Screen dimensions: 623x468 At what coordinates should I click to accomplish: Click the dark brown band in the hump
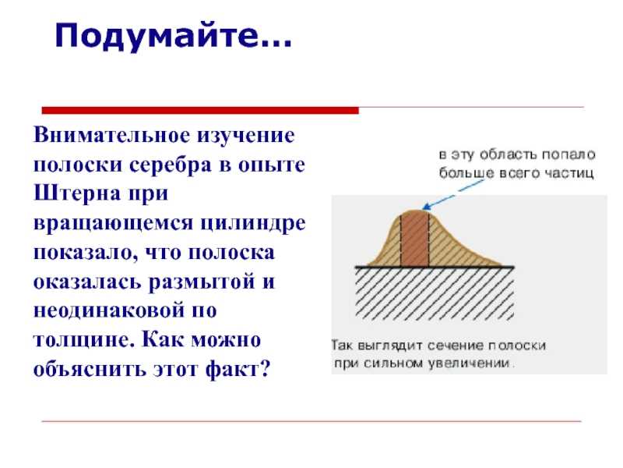tap(415, 239)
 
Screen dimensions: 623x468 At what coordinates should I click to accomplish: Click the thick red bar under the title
tap(200, 110)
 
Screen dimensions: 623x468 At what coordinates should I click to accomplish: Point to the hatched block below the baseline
tap(435, 293)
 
